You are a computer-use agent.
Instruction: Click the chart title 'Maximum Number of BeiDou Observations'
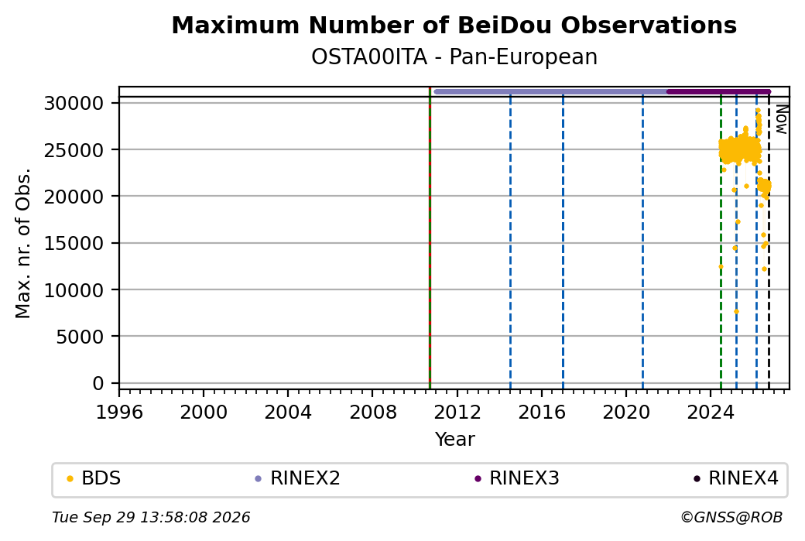pos(454,25)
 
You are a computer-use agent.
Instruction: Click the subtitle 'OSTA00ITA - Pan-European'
pos(454,56)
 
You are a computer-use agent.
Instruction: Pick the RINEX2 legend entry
pos(298,478)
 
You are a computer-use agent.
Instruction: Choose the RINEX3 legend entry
pos(517,478)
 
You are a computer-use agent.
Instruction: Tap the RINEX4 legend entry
pos(736,478)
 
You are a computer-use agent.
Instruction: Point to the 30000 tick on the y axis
pos(74,103)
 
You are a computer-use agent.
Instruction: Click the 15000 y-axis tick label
pos(74,243)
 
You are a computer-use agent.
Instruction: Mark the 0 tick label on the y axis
pos(98,383)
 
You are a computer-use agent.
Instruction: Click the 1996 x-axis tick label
pos(119,413)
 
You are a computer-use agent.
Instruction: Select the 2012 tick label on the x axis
pos(457,413)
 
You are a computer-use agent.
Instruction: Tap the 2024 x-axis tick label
pos(711,413)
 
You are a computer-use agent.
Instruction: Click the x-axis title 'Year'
pos(455,440)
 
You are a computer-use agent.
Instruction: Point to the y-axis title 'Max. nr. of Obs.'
pos(22,243)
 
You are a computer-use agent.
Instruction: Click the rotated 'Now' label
pos(781,119)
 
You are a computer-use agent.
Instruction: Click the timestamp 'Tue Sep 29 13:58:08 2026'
pos(151,517)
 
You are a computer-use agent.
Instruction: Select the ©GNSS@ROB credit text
pos(731,517)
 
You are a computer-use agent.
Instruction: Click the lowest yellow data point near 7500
pos(736,312)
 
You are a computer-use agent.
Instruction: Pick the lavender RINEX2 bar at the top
pos(551,92)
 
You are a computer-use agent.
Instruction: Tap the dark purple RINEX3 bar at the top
pos(719,92)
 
